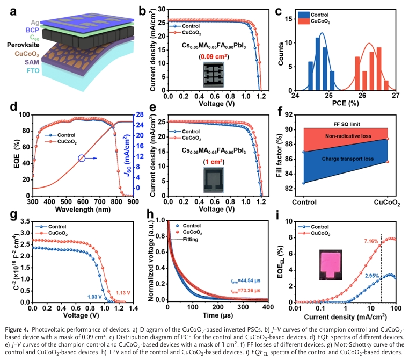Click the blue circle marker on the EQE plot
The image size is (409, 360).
(x=81, y=159)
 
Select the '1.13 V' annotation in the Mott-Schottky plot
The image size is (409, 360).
(x=125, y=292)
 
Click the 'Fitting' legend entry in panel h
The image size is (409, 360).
(x=191, y=239)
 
